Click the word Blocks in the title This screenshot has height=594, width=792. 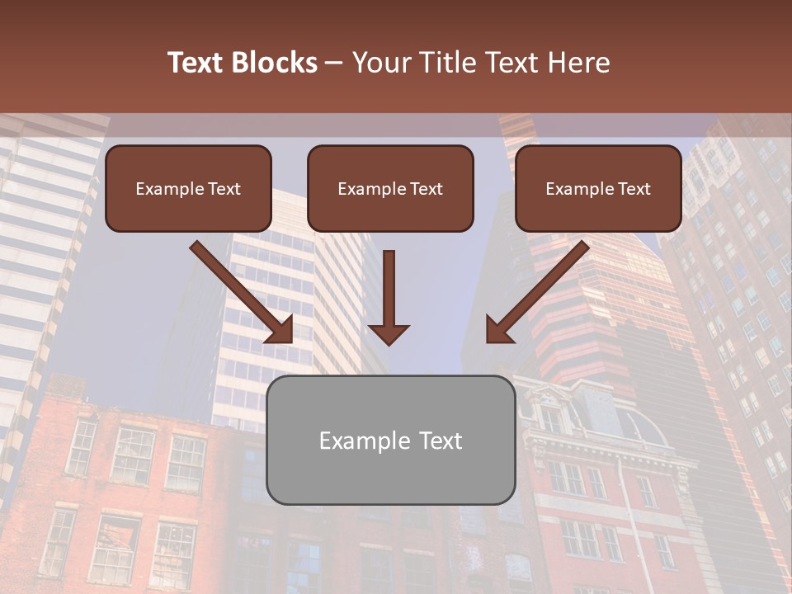tap(275, 63)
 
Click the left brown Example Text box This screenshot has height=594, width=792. tap(188, 188)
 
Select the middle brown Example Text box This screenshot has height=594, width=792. tap(390, 188)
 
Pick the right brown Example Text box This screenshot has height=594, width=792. tap(598, 188)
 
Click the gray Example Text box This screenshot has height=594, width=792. tap(390, 440)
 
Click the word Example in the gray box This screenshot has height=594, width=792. tap(365, 441)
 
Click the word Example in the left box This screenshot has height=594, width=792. tap(169, 189)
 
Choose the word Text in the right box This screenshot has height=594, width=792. tap(634, 189)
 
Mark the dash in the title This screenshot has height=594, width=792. tap(335, 64)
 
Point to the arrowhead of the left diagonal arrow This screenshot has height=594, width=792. tap(281, 330)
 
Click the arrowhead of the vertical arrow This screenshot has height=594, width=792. tap(389, 333)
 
